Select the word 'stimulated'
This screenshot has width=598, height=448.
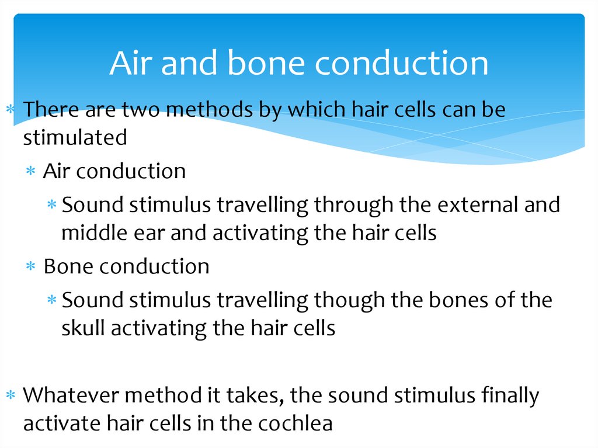(x=75, y=137)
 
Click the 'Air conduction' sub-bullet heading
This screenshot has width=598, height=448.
(x=114, y=171)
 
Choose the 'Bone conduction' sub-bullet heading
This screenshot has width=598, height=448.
(x=126, y=266)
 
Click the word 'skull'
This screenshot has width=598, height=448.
(x=84, y=328)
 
